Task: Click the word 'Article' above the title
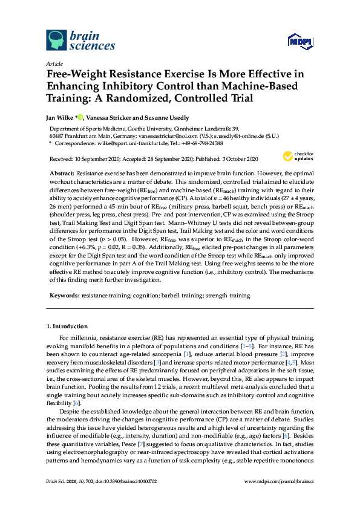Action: coord(54,63)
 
